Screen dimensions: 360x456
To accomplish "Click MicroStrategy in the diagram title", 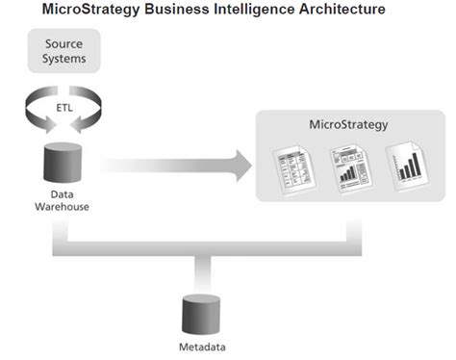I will click(105, 10).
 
